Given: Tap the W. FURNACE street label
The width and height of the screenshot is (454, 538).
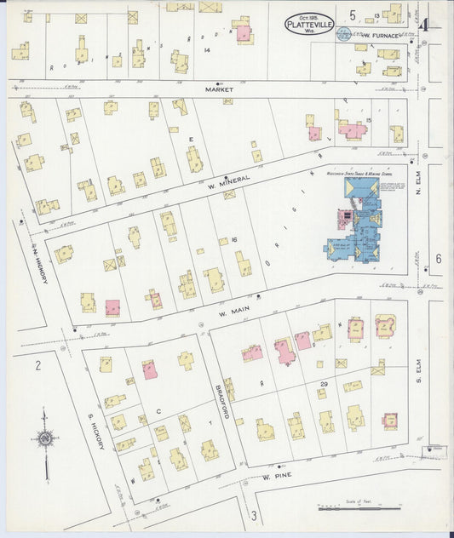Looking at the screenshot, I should [x=379, y=36].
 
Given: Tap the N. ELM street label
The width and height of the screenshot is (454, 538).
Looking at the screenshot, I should [x=418, y=197].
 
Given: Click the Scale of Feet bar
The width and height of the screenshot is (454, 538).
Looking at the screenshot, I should [x=358, y=509].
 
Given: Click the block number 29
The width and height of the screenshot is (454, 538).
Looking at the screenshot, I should [x=323, y=386].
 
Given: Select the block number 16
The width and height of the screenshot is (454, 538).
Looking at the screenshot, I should [x=233, y=241].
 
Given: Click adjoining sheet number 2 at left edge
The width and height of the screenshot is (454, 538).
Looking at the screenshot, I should [x=37, y=365].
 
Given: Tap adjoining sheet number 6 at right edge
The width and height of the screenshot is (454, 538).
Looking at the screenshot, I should [x=438, y=258].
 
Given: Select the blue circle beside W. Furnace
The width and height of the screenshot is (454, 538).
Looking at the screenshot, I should [x=342, y=34].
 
